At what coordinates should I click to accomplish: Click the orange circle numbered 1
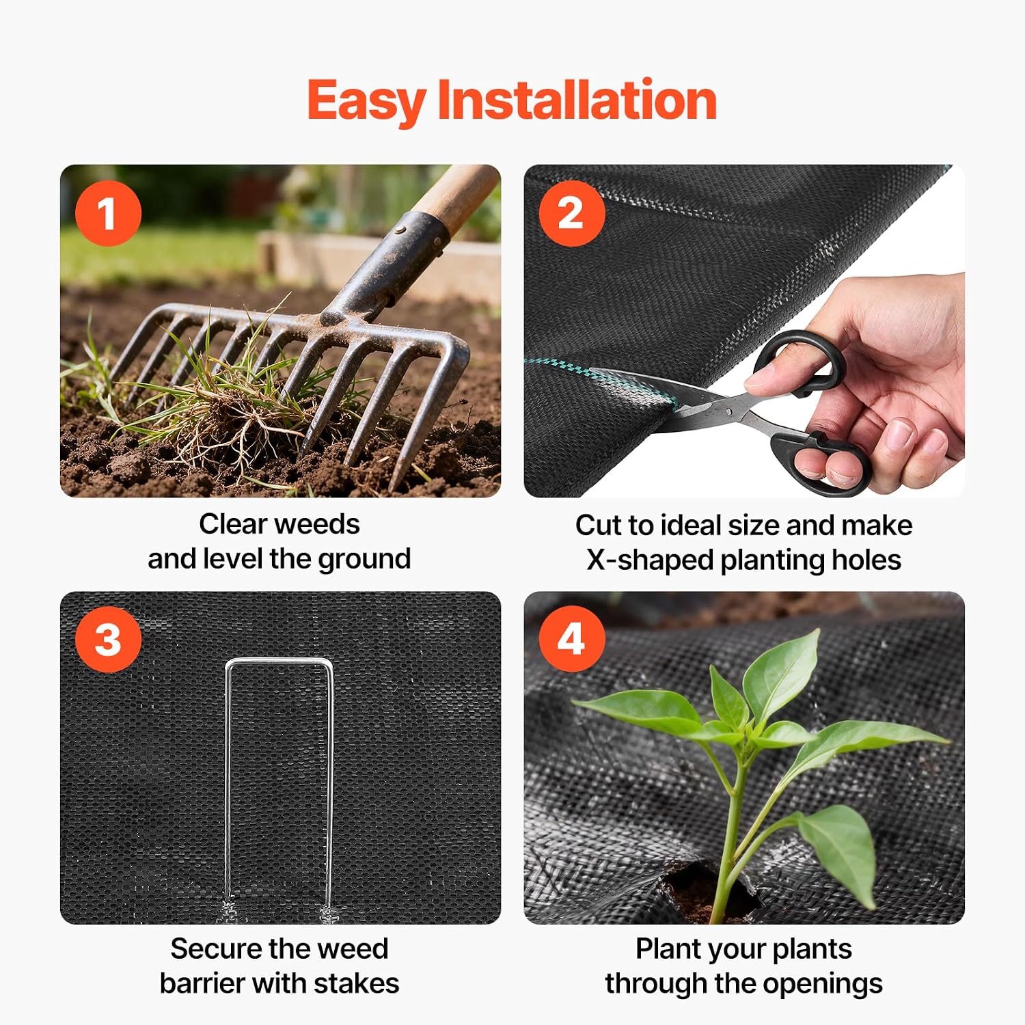pos(108,213)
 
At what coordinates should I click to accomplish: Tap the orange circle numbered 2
pos(572,213)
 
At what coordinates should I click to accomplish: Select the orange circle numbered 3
pos(108,640)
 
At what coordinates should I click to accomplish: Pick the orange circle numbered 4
pos(572,640)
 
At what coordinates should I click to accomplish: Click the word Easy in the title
pos(367,101)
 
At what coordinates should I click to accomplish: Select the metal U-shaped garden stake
pos(279,786)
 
